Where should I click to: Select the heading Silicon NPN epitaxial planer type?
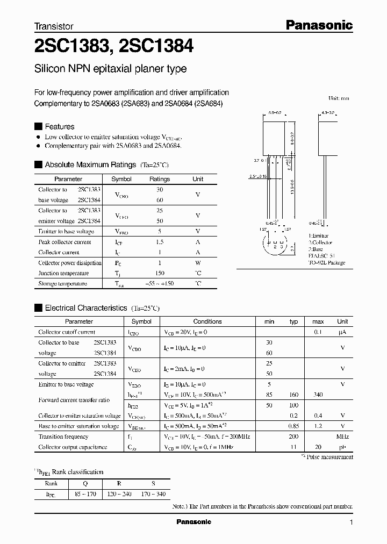coord(110,69)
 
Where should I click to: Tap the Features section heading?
coord(59,126)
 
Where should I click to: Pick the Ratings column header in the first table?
coord(159,179)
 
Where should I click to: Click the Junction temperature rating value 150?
coord(159,273)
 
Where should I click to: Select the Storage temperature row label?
coord(62,283)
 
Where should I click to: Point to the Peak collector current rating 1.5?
coord(159,242)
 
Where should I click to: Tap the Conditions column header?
coord(207,321)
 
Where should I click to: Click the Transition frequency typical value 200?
coord(293,436)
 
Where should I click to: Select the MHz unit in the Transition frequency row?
coord(342,436)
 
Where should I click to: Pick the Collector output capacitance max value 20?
coord(318,447)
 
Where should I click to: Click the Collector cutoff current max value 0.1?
coord(318,332)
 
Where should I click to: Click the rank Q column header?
coord(84,483)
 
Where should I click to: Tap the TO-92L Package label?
coord(326,263)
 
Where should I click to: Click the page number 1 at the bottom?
coord(351,522)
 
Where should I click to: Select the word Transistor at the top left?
coord(54,26)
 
